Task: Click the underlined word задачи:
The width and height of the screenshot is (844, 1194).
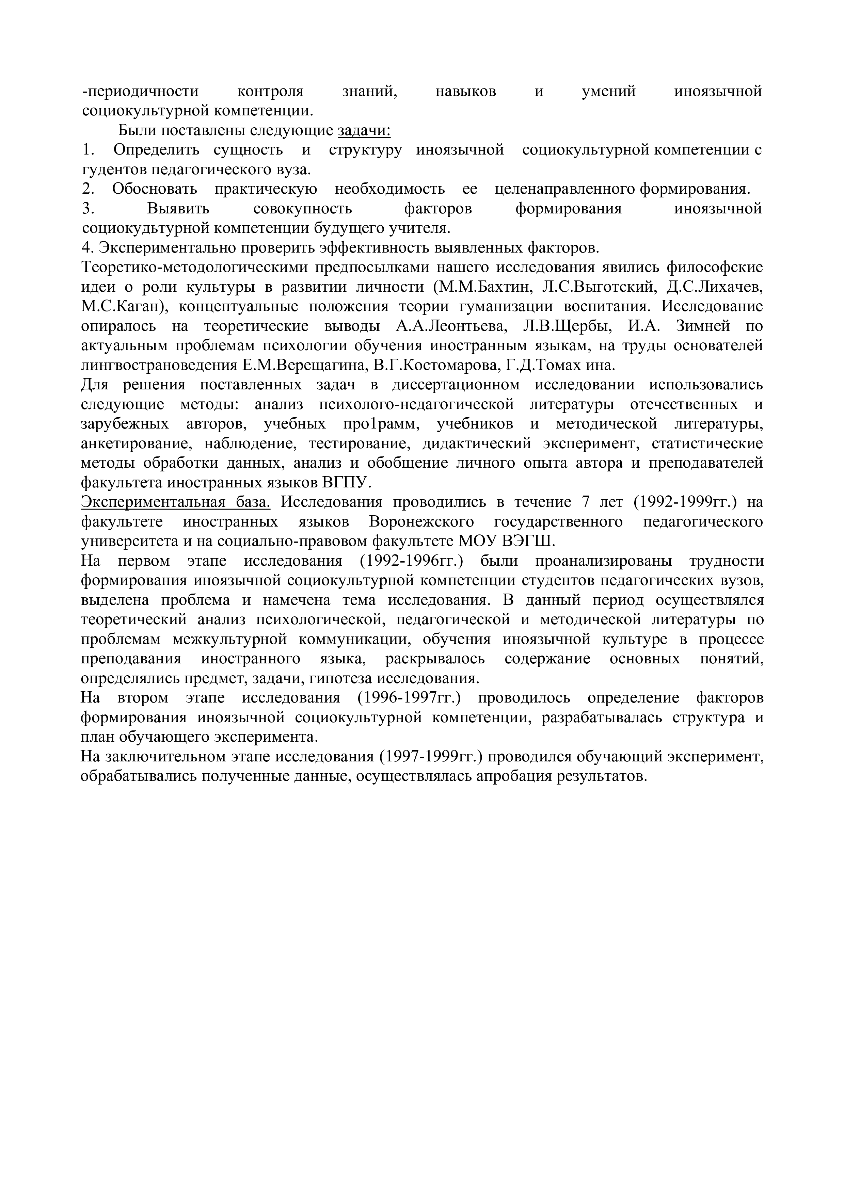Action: pos(364,130)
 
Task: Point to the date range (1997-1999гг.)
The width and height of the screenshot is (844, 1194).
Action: pos(432,757)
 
